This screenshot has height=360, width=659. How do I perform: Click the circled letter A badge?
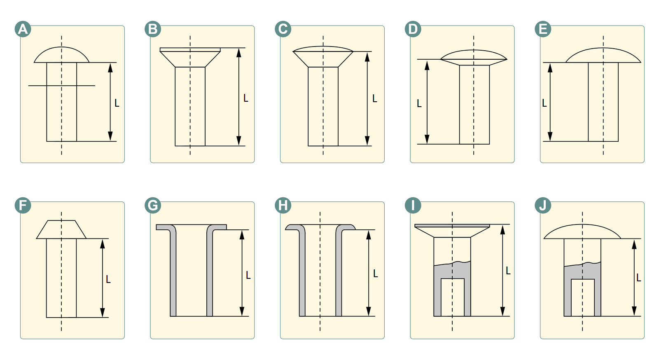coord(23,29)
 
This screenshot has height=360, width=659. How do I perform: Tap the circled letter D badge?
coord(413,29)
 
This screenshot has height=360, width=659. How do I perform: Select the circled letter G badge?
coord(153,205)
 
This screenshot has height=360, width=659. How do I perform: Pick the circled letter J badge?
coord(543,205)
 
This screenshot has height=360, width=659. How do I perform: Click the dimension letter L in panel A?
coord(117,103)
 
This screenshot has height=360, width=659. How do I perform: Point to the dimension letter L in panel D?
coord(419,103)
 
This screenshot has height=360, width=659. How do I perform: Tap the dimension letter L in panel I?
coord(508,271)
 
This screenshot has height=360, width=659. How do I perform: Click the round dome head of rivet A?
coord(61,55)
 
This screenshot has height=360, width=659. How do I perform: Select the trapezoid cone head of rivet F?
coord(61,229)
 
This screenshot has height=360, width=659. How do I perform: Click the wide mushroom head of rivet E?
coord(603,55)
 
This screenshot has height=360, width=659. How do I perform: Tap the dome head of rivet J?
coord(582,231)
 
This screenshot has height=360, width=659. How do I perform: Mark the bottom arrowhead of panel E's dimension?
coord(550,136)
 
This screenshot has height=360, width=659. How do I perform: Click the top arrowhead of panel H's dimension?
coord(368,235)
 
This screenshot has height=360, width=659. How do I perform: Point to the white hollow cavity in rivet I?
coord(453,297)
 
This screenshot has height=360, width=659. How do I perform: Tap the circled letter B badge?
coord(153,29)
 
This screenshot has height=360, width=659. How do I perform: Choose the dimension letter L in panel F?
coord(108,279)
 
